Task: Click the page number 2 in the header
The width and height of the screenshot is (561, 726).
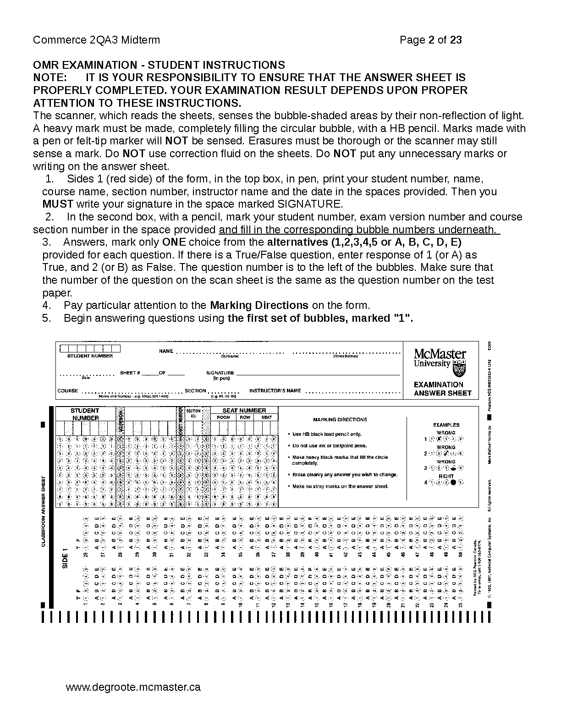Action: coord(431,40)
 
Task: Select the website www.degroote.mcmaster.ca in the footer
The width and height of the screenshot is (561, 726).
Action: coord(133,687)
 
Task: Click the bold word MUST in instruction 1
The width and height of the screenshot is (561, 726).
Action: coord(58,204)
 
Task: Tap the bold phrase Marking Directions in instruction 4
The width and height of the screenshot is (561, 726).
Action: coord(259,305)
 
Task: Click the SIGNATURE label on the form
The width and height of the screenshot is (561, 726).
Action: coord(220,373)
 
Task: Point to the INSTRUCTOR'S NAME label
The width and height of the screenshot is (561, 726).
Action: coord(275,391)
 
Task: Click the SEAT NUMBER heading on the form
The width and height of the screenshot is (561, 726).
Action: coord(244,411)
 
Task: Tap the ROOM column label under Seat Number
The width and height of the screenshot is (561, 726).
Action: coord(223,418)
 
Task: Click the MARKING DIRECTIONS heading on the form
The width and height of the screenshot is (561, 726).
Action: coord(340,419)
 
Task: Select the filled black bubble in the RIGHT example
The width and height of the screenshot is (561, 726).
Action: coord(454,482)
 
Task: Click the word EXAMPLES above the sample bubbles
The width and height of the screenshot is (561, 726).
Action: coord(446,425)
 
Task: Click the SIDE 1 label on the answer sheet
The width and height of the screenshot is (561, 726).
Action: coord(65,558)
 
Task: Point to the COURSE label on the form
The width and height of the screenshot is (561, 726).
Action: coord(67,391)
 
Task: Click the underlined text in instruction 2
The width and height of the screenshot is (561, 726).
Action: coord(359,230)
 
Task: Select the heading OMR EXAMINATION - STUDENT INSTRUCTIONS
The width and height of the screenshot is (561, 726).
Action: coord(159,65)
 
